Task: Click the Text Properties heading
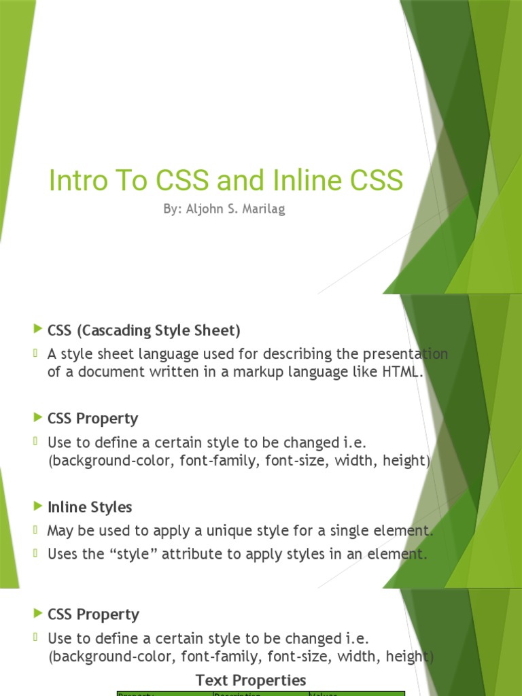point(251,680)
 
